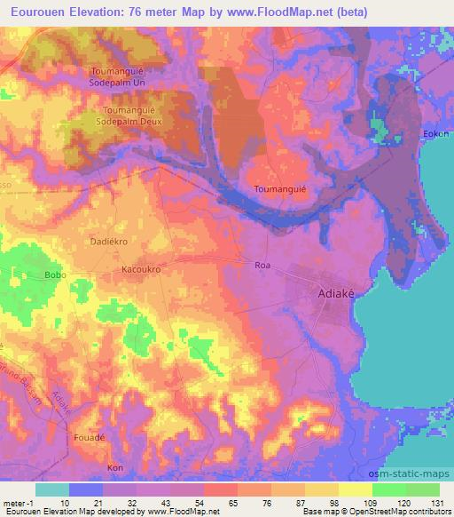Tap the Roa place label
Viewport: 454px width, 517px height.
click(262, 265)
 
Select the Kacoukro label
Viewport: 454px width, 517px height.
click(139, 266)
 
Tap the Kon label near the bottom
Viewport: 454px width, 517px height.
click(113, 467)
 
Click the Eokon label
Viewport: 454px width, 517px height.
click(437, 134)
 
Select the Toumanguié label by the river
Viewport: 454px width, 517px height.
click(280, 189)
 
